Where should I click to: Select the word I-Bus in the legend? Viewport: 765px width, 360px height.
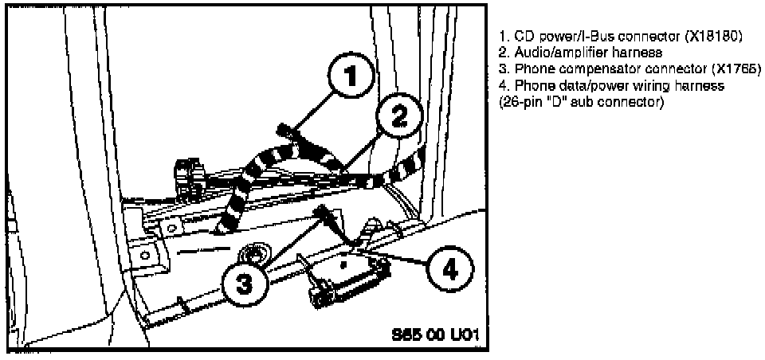point(579,37)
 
